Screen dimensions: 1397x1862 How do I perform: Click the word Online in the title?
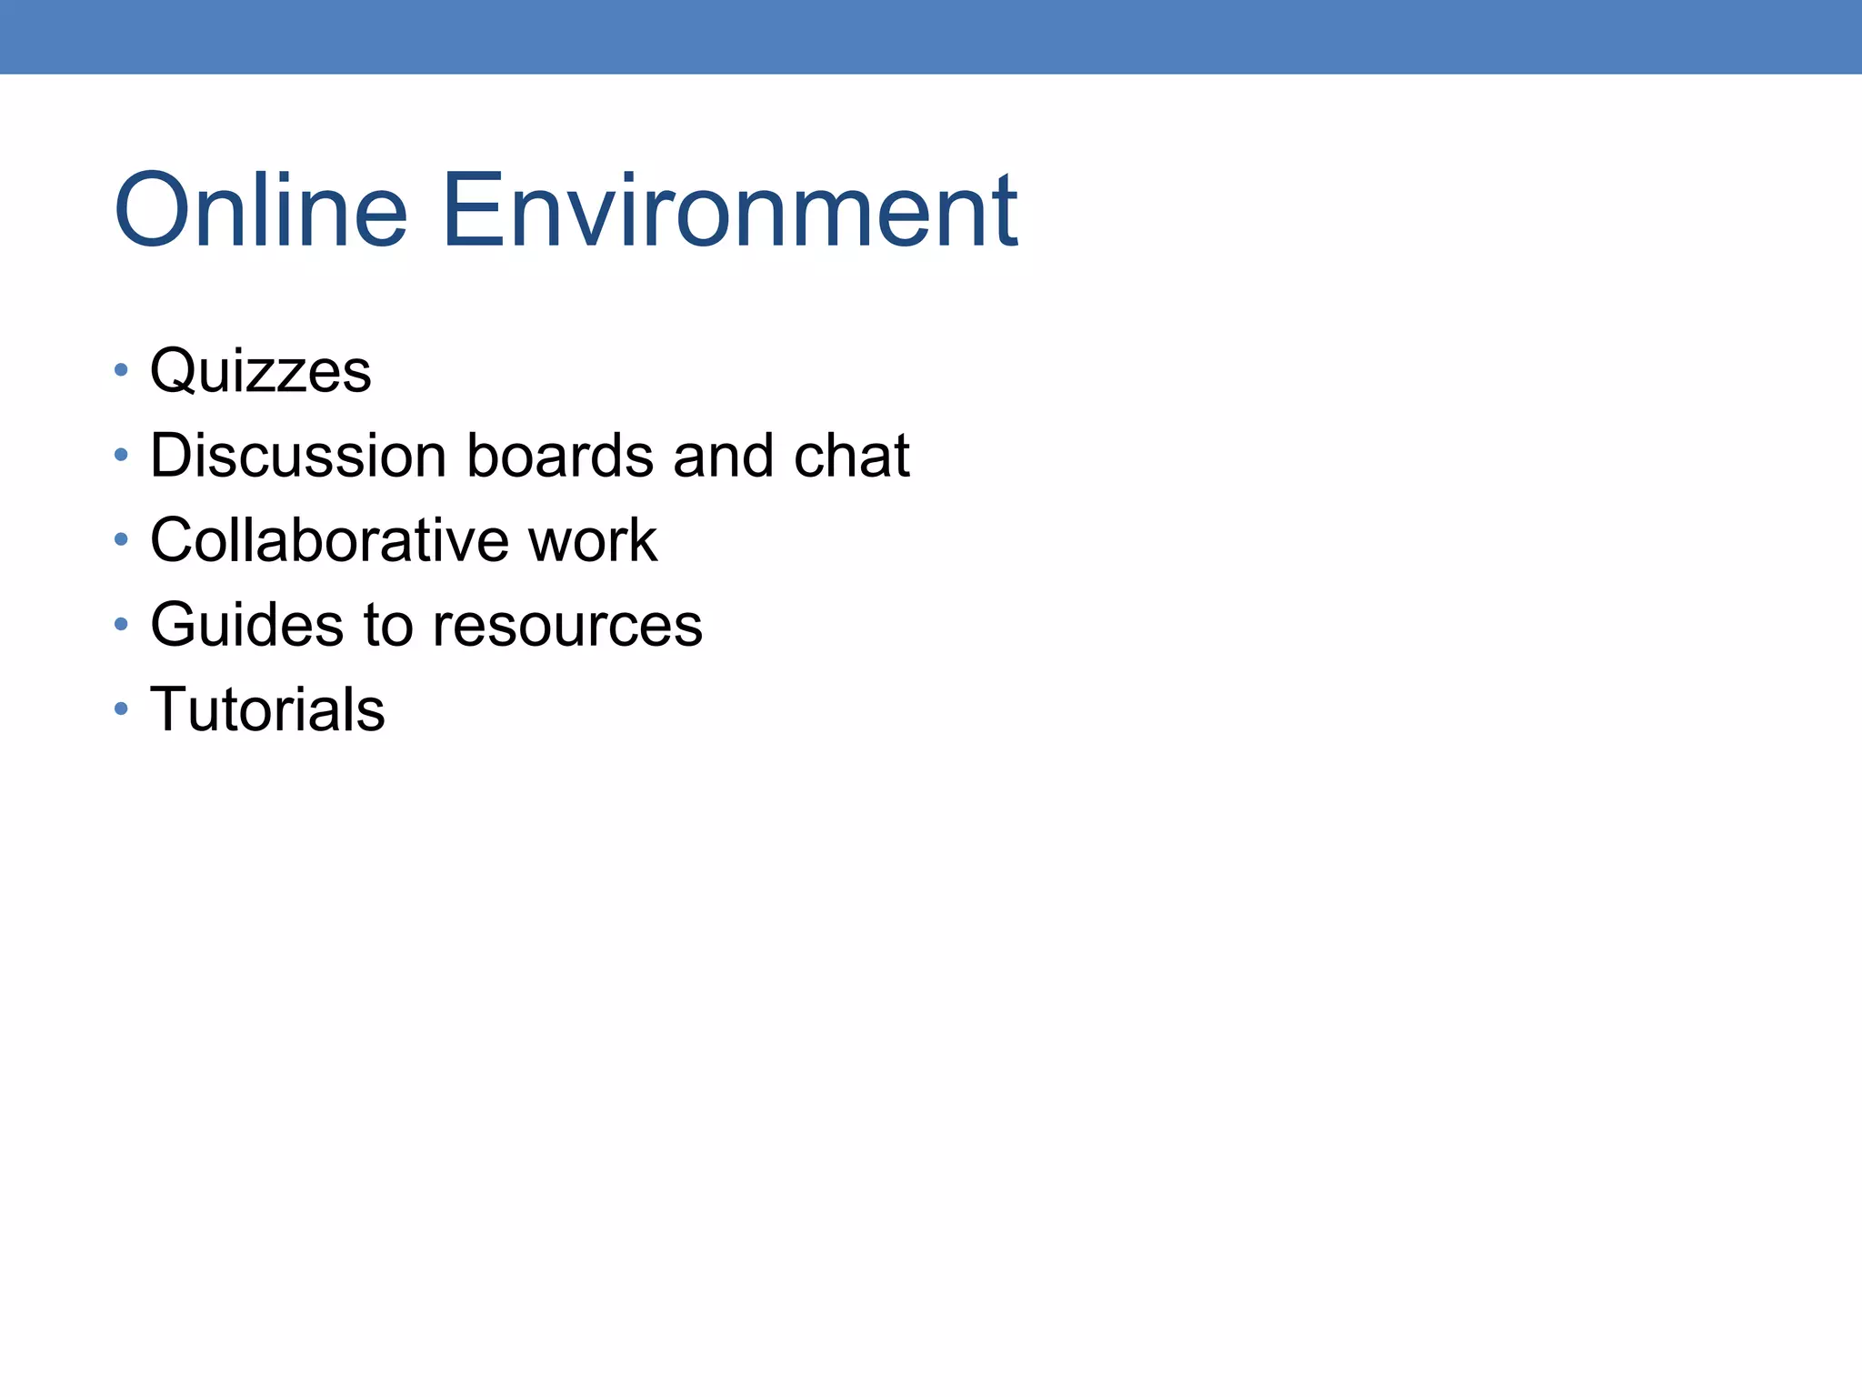pos(261,211)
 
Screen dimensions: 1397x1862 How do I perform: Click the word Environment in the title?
pos(730,211)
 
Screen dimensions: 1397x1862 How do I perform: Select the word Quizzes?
pos(261,371)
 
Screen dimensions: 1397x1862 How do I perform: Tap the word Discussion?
pos(298,455)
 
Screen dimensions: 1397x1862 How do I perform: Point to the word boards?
pos(560,455)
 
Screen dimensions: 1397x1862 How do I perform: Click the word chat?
pos(852,455)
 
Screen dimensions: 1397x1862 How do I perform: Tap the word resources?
pos(567,626)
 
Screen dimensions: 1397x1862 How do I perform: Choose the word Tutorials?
pos(268,709)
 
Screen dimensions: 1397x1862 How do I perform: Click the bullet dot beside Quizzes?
pos(121,370)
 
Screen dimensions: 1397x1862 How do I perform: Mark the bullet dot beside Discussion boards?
pos(121,455)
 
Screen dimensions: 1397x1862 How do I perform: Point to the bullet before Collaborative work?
pos(121,539)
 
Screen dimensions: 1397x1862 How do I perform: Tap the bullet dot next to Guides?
pos(121,624)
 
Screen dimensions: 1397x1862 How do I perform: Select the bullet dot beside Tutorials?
pos(121,709)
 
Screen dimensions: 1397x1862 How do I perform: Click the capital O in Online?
pos(151,211)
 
